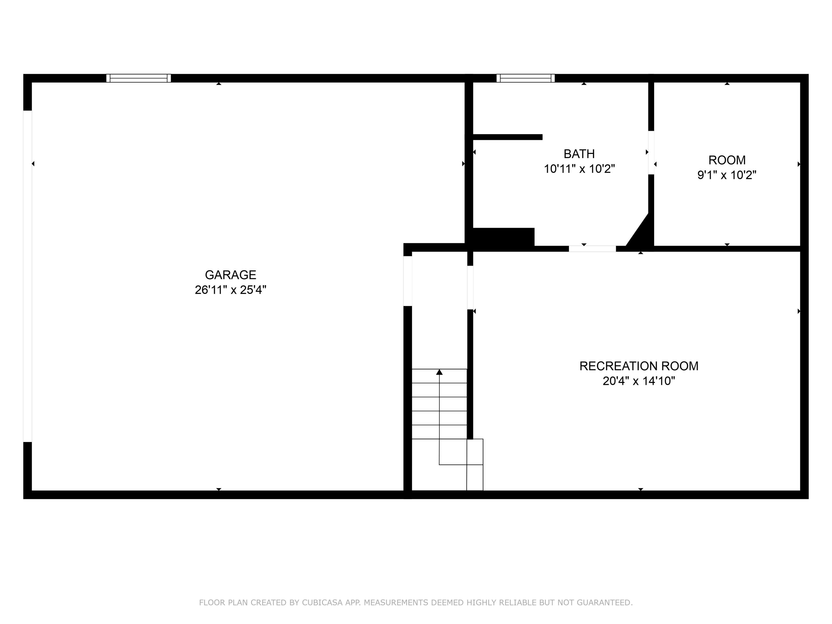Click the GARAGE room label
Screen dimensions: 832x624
[230, 275]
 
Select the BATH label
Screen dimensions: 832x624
[579, 154]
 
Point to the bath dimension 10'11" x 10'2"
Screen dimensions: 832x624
[579, 169]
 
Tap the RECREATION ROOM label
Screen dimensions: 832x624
[639, 366]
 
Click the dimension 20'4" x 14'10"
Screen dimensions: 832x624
[639, 381]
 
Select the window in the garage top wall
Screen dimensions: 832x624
[138, 78]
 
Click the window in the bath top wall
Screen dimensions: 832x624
[526, 78]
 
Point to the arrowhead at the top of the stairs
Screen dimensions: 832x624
[439, 372]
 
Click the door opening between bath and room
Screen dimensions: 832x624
[651, 153]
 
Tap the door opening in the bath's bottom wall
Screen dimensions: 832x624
[592, 248]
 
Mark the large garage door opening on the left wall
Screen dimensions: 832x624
[27, 276]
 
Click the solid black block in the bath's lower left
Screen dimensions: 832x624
[504, 237]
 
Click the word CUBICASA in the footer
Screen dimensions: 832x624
[322, 603]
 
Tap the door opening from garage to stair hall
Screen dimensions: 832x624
[408, 281]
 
